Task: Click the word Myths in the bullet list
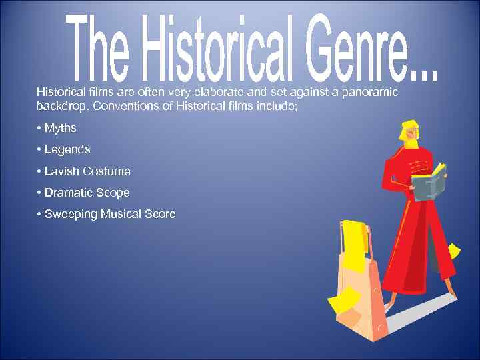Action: point(60,128)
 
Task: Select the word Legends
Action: point(67,149)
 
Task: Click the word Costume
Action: point(107,171)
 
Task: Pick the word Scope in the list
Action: point(113,193)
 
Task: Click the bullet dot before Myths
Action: point(39,128)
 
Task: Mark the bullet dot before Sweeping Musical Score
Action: point(39,214)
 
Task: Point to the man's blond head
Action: point(409,133)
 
